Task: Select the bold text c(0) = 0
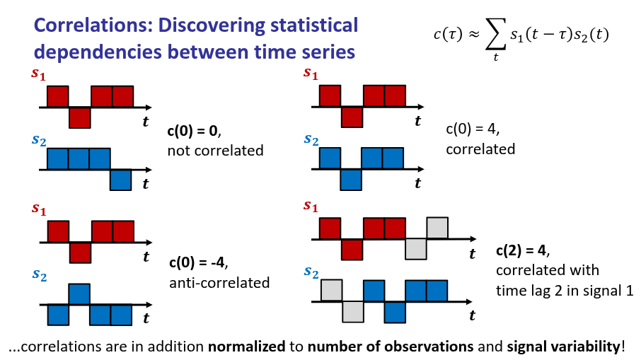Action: pos(194,132)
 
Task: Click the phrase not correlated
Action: pos(215,150)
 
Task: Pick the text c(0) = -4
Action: pos(197,264)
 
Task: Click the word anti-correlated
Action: pos(219,283)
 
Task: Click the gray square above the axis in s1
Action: pos(437,228)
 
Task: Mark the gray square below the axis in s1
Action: pos(416,249)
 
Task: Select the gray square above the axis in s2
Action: pos(332,291)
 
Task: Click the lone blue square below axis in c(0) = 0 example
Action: pos(121,180)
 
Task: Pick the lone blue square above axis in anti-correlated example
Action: pos(79,294)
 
